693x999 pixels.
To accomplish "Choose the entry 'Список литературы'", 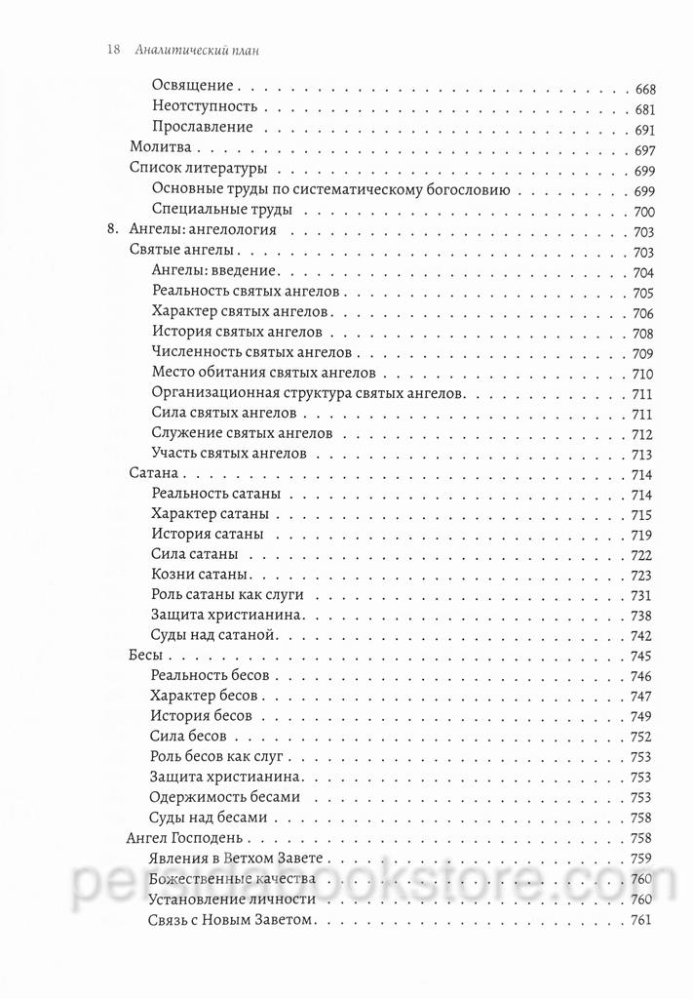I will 192,171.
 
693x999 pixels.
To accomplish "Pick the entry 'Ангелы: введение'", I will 216,272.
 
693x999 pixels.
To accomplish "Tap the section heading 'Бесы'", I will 146,656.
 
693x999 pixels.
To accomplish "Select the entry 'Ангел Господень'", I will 185,838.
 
